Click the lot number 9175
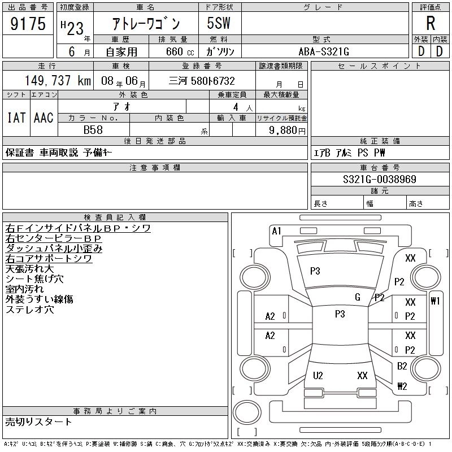point(28,25)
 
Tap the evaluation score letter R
point(431,24)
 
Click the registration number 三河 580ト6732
point(202,81)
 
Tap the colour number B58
point(93,129)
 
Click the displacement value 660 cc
point(174,51)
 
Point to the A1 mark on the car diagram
point(276,231)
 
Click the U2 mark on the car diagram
point(318,376)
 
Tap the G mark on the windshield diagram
point(358,297)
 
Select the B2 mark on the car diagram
point(402,366)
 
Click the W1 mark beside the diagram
point(434,301)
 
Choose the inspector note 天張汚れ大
point(30,268)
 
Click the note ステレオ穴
point(30,310)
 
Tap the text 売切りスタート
point(39,421)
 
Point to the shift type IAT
point(16,118)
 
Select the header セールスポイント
point(380,66)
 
